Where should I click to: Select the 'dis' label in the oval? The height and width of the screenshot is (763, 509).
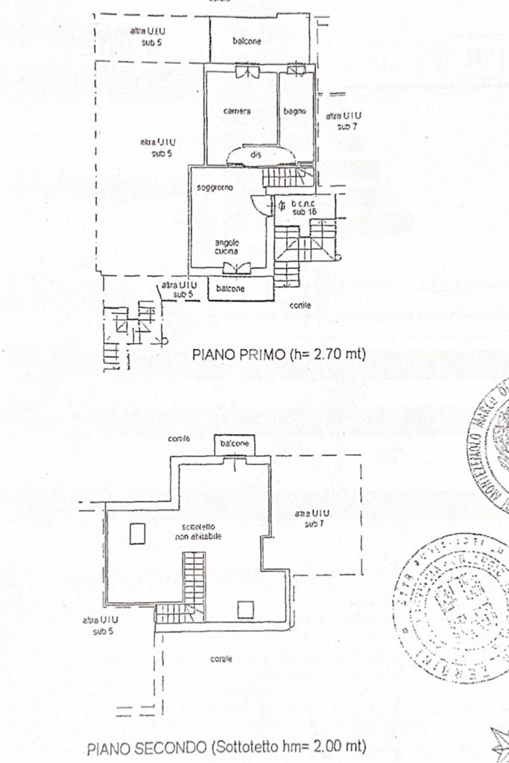tap(256, 155)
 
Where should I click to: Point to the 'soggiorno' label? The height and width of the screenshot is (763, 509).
tap(215, 188)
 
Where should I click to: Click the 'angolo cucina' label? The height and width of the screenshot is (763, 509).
tap(227, 247)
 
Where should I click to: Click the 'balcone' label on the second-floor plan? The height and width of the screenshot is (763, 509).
tap(233, 444)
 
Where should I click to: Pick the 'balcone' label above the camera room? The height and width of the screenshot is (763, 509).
tap(246, 42)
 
